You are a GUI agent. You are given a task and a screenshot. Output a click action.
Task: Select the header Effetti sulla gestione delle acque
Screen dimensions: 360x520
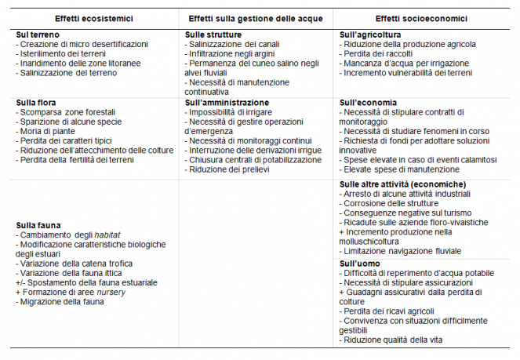(x=255, y=18)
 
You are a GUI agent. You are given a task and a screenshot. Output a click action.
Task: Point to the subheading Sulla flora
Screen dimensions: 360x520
(x=37, y=103)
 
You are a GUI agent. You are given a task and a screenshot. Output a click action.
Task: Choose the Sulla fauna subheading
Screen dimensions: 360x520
(x=38, y=224)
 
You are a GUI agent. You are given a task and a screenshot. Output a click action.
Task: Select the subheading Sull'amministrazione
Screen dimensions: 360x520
(x=227, y=103)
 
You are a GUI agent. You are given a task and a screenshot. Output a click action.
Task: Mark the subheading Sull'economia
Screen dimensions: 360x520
(x=369, y=103)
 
